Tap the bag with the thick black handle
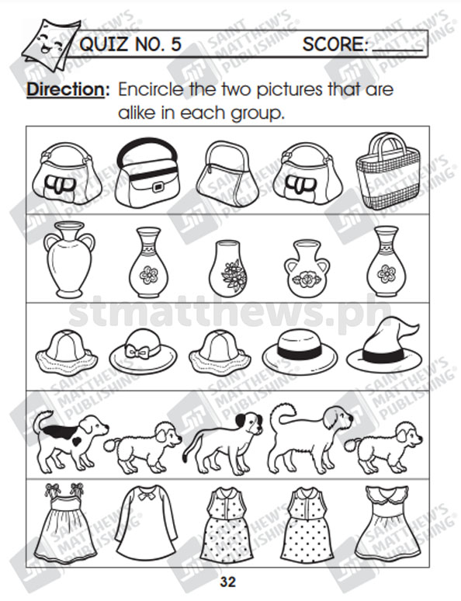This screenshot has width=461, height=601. (x=147, y=173)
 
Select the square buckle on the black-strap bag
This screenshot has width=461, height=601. (x=158, y=187)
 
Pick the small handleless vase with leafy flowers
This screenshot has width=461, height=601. (x=228, y=269)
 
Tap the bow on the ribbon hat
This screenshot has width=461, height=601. (x=137, y=351)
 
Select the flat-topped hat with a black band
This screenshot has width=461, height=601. (x=300, y=353)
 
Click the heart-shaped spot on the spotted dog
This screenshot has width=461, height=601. (x=78, y=441)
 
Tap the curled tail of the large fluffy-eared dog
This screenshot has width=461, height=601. (x=282, y=413)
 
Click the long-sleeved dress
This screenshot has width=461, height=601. (x=147, y=523)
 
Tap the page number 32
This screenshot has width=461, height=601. (x=227, y=582)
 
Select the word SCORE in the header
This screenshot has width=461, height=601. (x=335, y=44)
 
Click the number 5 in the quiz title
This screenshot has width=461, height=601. (x=176, y=44)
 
